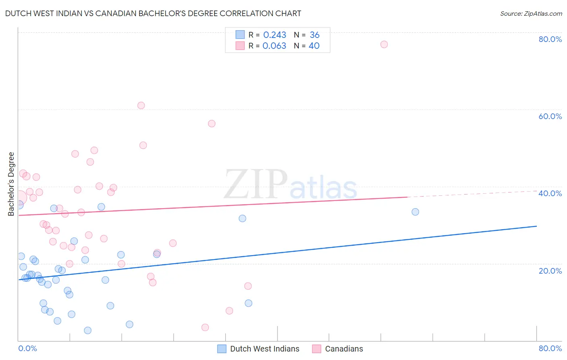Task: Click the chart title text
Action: click(153, 13)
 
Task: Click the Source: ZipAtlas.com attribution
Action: click(531, 14)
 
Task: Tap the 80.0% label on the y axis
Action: click(550, 39)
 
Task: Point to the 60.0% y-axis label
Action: click(550, 116)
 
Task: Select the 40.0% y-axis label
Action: click(550, 193)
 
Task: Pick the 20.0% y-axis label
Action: click(550, 270)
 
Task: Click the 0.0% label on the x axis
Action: click(27, 348)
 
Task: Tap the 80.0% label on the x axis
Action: click(550, 348)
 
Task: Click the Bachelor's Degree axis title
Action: click(11, 184)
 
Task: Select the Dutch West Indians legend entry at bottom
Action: click(258, 349)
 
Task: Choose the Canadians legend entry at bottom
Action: click(338, 349)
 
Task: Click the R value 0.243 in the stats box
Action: click(275, 35)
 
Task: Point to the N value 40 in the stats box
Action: click(314, 46)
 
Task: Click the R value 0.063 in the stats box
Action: click(274, 46)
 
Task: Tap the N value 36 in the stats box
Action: click(315, 35)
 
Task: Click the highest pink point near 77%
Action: click(384, 44)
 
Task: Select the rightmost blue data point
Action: click(415, 212)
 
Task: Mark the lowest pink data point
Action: click(205, 327)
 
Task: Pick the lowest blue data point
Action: click(88, 331)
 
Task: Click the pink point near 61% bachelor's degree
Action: click(141, 105)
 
